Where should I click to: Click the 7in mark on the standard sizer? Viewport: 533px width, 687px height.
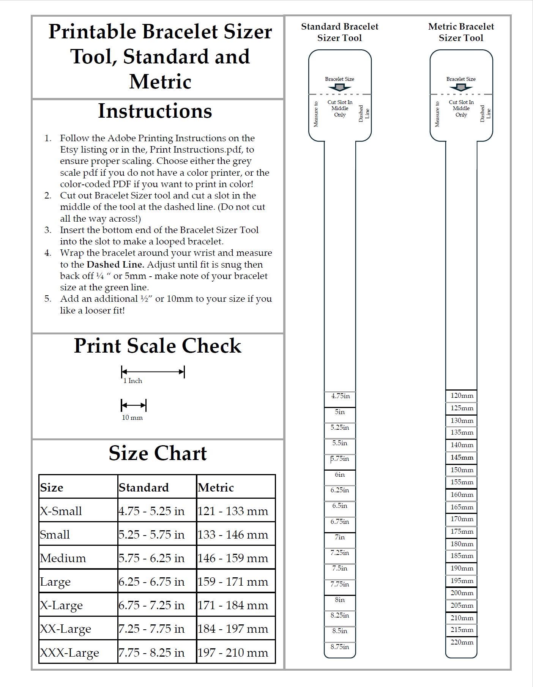(340, 537)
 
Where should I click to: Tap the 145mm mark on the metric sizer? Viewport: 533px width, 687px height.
(462, 457)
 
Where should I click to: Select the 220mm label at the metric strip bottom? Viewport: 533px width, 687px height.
(462, 642)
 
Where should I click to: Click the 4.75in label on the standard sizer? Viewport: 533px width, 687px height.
(340, 396)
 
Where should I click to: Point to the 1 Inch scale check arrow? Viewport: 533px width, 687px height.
(153, 372)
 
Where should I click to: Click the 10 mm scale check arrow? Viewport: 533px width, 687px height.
(133, 405)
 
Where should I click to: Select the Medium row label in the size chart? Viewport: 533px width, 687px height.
(63, 558)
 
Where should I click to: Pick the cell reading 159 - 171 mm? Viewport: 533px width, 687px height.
(233, 581)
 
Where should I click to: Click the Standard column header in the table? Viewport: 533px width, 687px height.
(143, 487)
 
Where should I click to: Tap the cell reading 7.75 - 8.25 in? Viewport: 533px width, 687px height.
(151, 652)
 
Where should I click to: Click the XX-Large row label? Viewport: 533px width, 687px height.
(66, 629)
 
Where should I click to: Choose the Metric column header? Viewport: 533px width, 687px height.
(216, 487)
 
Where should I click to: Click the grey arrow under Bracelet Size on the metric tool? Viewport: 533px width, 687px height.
(461, 87)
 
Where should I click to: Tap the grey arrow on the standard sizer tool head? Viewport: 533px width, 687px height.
(339, 87)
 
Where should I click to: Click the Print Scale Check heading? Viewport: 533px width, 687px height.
(157, 346)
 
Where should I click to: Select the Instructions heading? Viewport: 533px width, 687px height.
(155, 111)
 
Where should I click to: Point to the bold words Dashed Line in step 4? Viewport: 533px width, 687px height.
(115, 265)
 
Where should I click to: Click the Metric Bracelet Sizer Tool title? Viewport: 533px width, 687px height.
(461, 32)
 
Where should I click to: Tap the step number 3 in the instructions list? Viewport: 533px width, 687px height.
(48, 230)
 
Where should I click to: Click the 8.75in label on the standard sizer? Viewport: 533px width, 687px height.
(340, 647)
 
